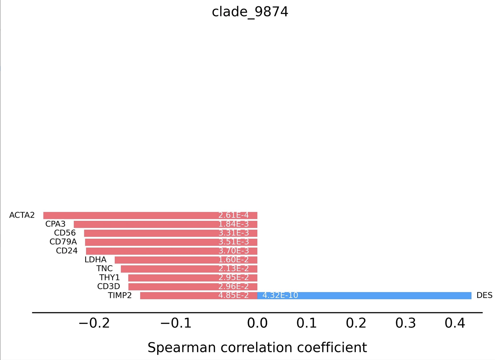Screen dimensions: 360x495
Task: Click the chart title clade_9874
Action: tap(250, 12)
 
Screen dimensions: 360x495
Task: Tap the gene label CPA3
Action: tap(55, 224)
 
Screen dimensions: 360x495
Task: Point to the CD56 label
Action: tap(65, 233)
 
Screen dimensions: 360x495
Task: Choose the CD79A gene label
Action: tap(63, 242)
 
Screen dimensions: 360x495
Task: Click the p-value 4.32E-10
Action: tap(280, 296)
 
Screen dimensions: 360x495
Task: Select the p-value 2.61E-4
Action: tap(233, 215)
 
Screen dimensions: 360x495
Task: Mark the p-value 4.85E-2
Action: tap(233, 296)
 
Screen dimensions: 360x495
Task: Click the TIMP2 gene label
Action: tap(120, 296)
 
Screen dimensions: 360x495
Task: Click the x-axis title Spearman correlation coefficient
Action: tap(257, 348)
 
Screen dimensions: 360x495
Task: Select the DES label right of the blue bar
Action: tap(484, 296)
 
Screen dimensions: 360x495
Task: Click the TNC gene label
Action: tap(104, 269)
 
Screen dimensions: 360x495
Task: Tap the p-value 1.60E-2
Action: tap(233, 260)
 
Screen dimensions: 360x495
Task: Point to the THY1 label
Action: tap(109, 278)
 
